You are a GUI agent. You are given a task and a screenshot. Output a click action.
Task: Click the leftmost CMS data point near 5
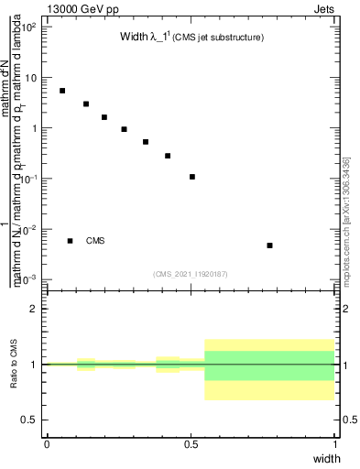tap(62, 91)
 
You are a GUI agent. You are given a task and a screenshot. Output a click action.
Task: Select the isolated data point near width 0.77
tap(269, 245)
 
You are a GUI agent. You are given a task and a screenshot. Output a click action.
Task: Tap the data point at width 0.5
tap(192, 177)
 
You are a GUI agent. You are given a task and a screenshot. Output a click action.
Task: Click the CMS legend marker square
tap(70, 241)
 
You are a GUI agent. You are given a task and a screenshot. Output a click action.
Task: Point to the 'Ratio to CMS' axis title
tap(15, 365)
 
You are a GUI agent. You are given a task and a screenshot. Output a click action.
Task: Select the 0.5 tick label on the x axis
tap(191, 443)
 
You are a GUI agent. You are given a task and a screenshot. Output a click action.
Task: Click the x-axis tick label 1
tap(334, 443)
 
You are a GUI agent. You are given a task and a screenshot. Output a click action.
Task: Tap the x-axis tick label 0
tap(47, 443)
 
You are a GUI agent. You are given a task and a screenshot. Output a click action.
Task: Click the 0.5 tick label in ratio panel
tap(30, 420)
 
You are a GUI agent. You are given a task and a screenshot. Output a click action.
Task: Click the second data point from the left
tap(86, 104)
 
